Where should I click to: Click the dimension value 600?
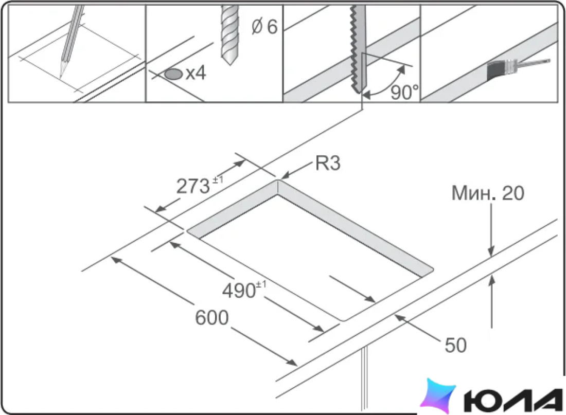tap(212, 318)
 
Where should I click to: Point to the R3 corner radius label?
tap(328, 163)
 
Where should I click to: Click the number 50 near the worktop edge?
tap(455, 345)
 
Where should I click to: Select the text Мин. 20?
tap(488, 193)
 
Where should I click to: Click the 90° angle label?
tap(404, 93)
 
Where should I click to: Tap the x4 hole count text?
tap(196, 73)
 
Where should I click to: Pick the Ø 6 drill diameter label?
tap(264, 27)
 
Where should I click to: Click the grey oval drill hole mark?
tap(173, 75)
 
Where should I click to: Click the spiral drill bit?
tap(229, 34)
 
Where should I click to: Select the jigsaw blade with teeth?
tap(358, 49)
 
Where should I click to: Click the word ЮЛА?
tap(513, 400)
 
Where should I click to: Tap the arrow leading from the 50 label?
tap(417, 328)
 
